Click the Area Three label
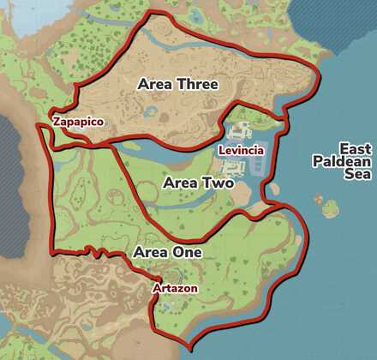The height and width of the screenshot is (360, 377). point(177,84)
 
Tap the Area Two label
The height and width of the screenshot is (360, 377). point(198,183)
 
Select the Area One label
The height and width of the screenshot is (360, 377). point(167,253)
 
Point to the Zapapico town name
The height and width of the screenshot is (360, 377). point(78,123)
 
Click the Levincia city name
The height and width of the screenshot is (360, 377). point(241,151)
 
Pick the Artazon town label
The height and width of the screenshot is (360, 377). point(175,289)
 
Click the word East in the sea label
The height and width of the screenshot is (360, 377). point(354,148)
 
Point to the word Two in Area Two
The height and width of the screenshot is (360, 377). point(218,183)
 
